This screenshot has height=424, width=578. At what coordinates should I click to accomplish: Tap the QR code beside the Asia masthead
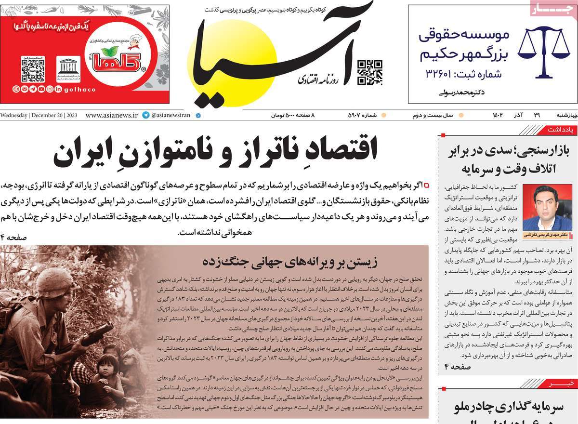pyautogui.click(x=369, y=72)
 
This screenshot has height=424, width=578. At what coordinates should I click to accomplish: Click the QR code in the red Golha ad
pyautogui.click(x=33, y=69)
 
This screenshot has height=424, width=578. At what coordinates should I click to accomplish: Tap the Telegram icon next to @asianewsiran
pyautogui.click(x=145, y=116)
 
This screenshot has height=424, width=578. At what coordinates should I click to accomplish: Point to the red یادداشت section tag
pyautogui.click(x=563, y=130)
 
